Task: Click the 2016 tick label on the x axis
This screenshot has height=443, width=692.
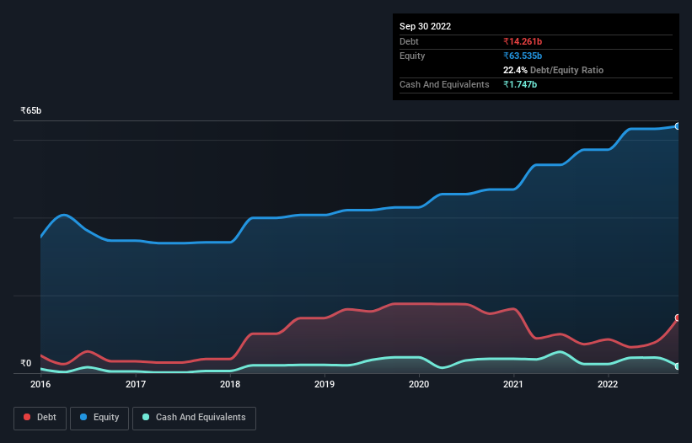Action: point(40,385)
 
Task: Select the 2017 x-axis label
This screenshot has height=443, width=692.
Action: point(136,385)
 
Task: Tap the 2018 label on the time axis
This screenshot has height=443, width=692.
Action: point(230,385)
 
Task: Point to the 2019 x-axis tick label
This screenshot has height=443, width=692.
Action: point(325,385)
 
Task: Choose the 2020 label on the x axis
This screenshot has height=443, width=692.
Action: point(419,385)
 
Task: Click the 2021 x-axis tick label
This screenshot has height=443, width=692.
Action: point(514,385)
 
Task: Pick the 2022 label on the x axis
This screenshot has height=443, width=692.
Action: point(609,385)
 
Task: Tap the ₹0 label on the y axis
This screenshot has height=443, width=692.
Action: point(26,364)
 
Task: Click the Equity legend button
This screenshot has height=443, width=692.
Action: point(99,418)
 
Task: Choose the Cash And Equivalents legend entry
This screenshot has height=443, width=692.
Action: point(194,418)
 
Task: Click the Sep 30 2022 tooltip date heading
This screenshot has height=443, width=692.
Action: point(426,26)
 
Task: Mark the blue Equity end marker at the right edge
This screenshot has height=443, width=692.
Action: point(678,126)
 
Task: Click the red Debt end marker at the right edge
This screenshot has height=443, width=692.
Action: point(678,318)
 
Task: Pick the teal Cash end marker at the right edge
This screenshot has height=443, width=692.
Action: point(678,366)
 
